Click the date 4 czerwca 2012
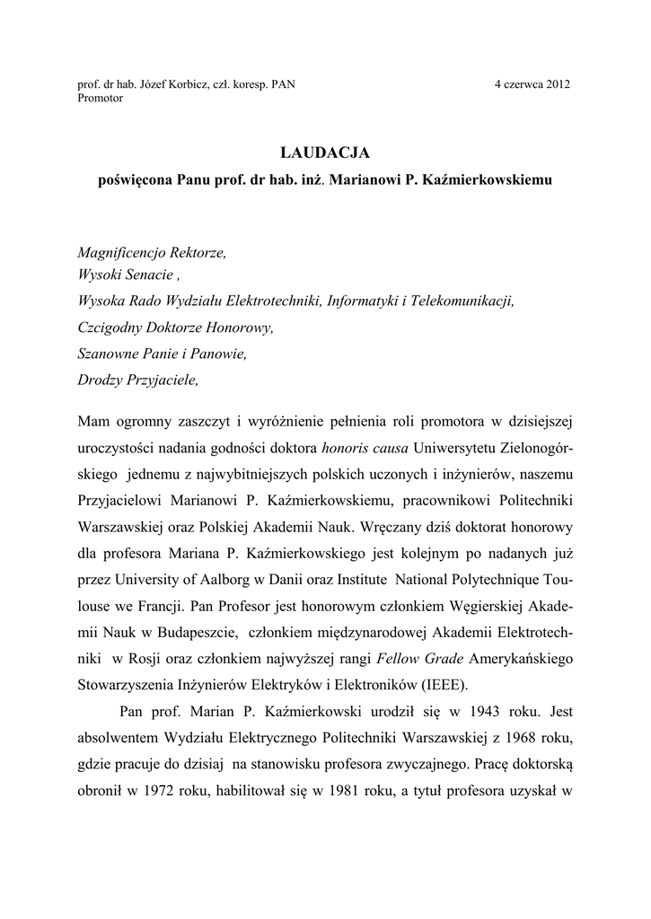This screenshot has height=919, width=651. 532,85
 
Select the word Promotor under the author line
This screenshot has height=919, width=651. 101,98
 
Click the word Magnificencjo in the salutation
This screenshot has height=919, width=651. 121,254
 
